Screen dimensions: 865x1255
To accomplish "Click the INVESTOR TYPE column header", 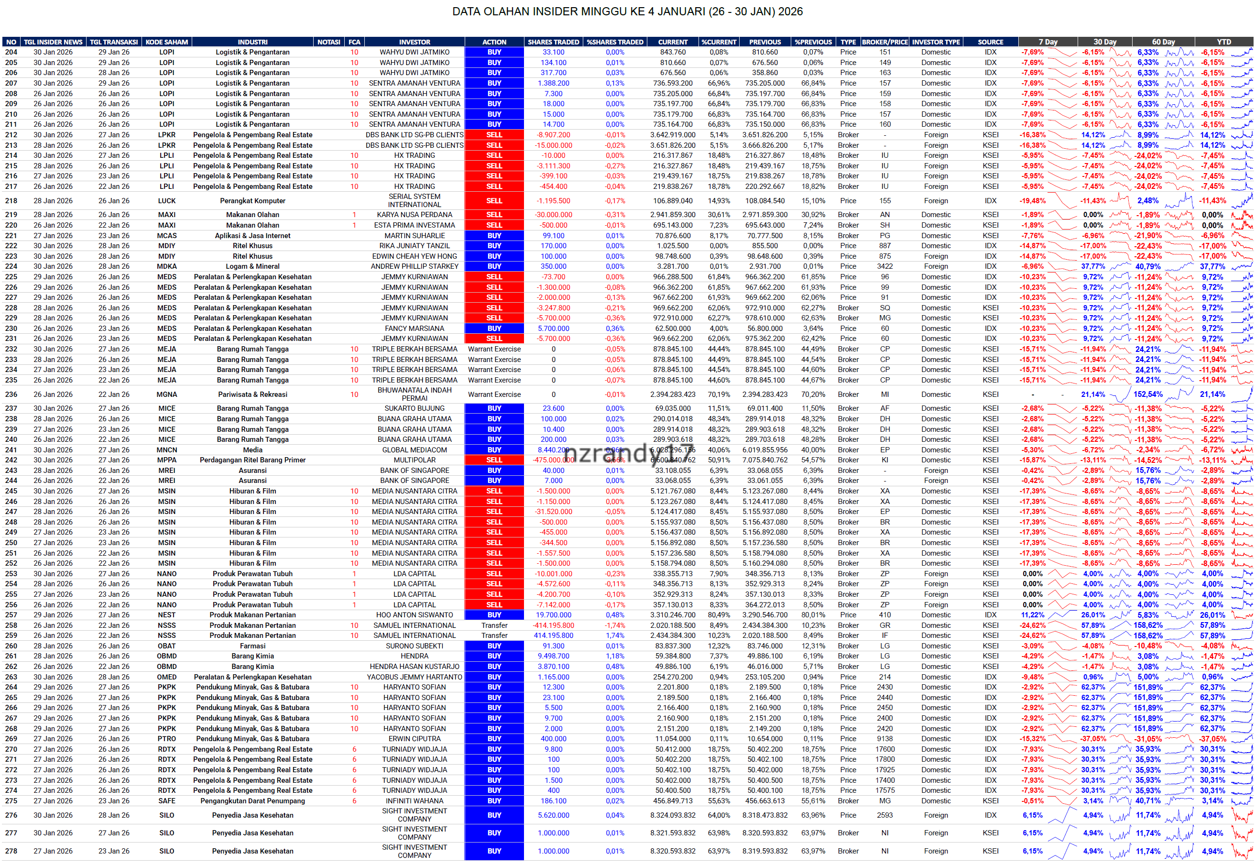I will click(935, 42).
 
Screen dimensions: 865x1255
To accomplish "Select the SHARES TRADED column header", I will click(553, 42).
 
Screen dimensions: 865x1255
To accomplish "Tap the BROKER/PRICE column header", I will click(884, 42).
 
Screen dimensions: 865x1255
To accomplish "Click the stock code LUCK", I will click(166, 200).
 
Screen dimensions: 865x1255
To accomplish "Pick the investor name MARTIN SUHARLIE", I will click(414, 236).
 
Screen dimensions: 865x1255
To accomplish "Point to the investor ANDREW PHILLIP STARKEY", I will click(414, 267).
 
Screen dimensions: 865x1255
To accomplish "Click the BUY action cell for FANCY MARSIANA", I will click(494, 328).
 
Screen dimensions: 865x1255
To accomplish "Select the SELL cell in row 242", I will click(494, 460).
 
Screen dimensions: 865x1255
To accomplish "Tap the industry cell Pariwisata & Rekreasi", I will click(252, 394).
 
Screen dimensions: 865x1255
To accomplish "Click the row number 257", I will click(11, 615).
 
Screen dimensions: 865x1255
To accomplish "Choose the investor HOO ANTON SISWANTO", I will click(414, 615).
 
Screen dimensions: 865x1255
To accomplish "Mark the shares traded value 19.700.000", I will click(553, 615).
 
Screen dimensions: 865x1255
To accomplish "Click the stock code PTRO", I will click(166, 739).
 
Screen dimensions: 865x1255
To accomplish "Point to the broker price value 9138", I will click(884, 739).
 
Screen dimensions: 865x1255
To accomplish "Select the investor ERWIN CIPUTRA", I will click(414, 739).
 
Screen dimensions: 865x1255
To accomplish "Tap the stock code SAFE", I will click(166, 801).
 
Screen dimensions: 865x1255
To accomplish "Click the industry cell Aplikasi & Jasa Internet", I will click(252, 236).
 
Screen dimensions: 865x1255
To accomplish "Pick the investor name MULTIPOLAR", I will click(414, 460).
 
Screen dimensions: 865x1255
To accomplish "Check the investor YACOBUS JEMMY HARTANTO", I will click(414, 677).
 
